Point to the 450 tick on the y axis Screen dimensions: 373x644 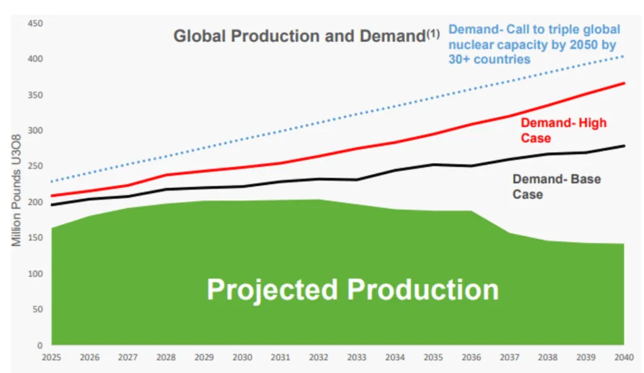pyautogui.click(x=35, y=24)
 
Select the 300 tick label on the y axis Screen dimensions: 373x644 pyautogui.click(x=35, y=131)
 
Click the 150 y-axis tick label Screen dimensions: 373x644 pyautogui.click(x=35, y=238)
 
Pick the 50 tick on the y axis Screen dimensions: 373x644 pyautogui.click(x=37, y=309)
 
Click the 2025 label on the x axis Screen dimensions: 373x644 pyautogui.click(x=52, y=358)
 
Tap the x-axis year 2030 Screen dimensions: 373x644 pyautogui.click(x=243, y=358)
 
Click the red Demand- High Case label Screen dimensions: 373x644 pyautogui.click(x=563, y=130)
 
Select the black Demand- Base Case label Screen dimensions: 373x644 pyautogui.click(x=556, y=186)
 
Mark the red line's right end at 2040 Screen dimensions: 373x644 pyautogui.click(x=623, y=83)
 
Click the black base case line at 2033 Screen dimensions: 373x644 pyautogui.click(x=357, y=180)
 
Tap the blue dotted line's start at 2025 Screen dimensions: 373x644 pyautogui.click(x=52, y=182)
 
